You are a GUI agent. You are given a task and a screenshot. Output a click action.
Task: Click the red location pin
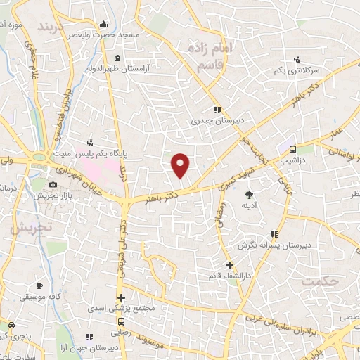181,165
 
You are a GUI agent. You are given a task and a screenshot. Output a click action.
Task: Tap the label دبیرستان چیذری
218,120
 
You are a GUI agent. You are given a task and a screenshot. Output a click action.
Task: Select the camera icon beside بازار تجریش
53,185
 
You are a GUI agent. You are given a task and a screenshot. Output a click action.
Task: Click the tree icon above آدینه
249,194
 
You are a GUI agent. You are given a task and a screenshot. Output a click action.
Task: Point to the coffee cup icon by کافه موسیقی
39,285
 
